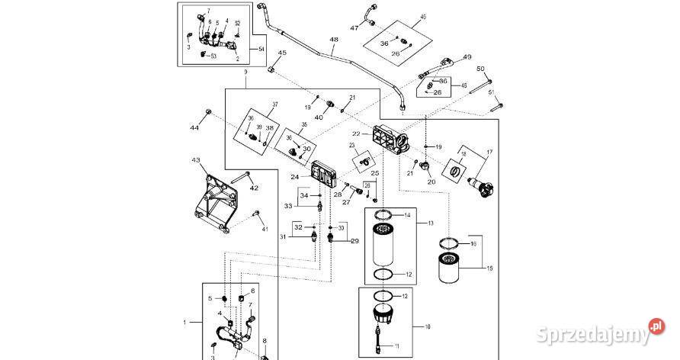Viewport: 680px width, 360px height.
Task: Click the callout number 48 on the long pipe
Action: [x=333, y=39]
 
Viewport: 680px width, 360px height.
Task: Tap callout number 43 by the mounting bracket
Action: [x=196, y=161]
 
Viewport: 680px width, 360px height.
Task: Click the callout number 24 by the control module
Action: [x=294, y=177]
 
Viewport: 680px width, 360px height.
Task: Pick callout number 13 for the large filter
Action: [x=431, y=223]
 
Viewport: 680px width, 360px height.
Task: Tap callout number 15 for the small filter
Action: [x=491, y=268]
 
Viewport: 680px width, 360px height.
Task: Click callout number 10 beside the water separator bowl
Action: [x=427, y=326]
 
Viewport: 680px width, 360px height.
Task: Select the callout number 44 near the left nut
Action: [x=194, y=127]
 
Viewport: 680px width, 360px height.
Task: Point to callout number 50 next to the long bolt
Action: [x=480, y=69]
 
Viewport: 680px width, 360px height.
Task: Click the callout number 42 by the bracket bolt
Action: [x=254, y=188]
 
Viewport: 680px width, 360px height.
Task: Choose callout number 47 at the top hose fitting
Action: [x=354, y=28]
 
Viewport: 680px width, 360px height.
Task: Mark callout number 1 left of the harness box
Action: [x=185, y=323]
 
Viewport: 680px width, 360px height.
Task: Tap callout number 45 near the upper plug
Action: [x=281, y=53]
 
